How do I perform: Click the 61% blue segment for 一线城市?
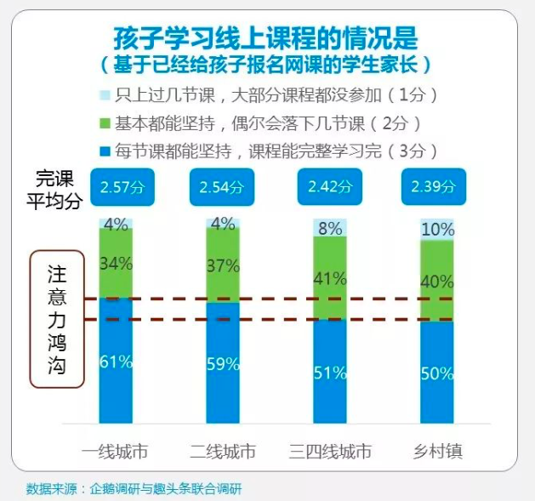[117, 361]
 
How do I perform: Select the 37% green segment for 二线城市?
[223, 265]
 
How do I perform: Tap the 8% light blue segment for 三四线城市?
[330, 228]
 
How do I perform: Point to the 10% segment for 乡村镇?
[437, 230]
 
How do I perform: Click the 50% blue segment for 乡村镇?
[437, 373]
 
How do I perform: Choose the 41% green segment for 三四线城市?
[330, 278]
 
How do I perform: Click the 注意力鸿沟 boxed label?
[58, 319]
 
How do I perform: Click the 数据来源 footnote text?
[128, 488]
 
